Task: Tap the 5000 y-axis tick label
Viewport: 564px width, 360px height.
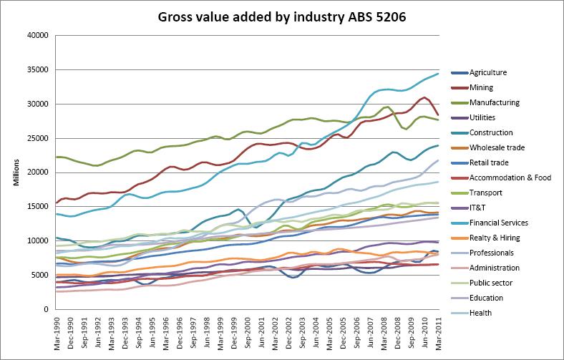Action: [x=39, y=276]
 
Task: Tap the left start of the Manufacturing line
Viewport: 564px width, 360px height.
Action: [x=55, y=157]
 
